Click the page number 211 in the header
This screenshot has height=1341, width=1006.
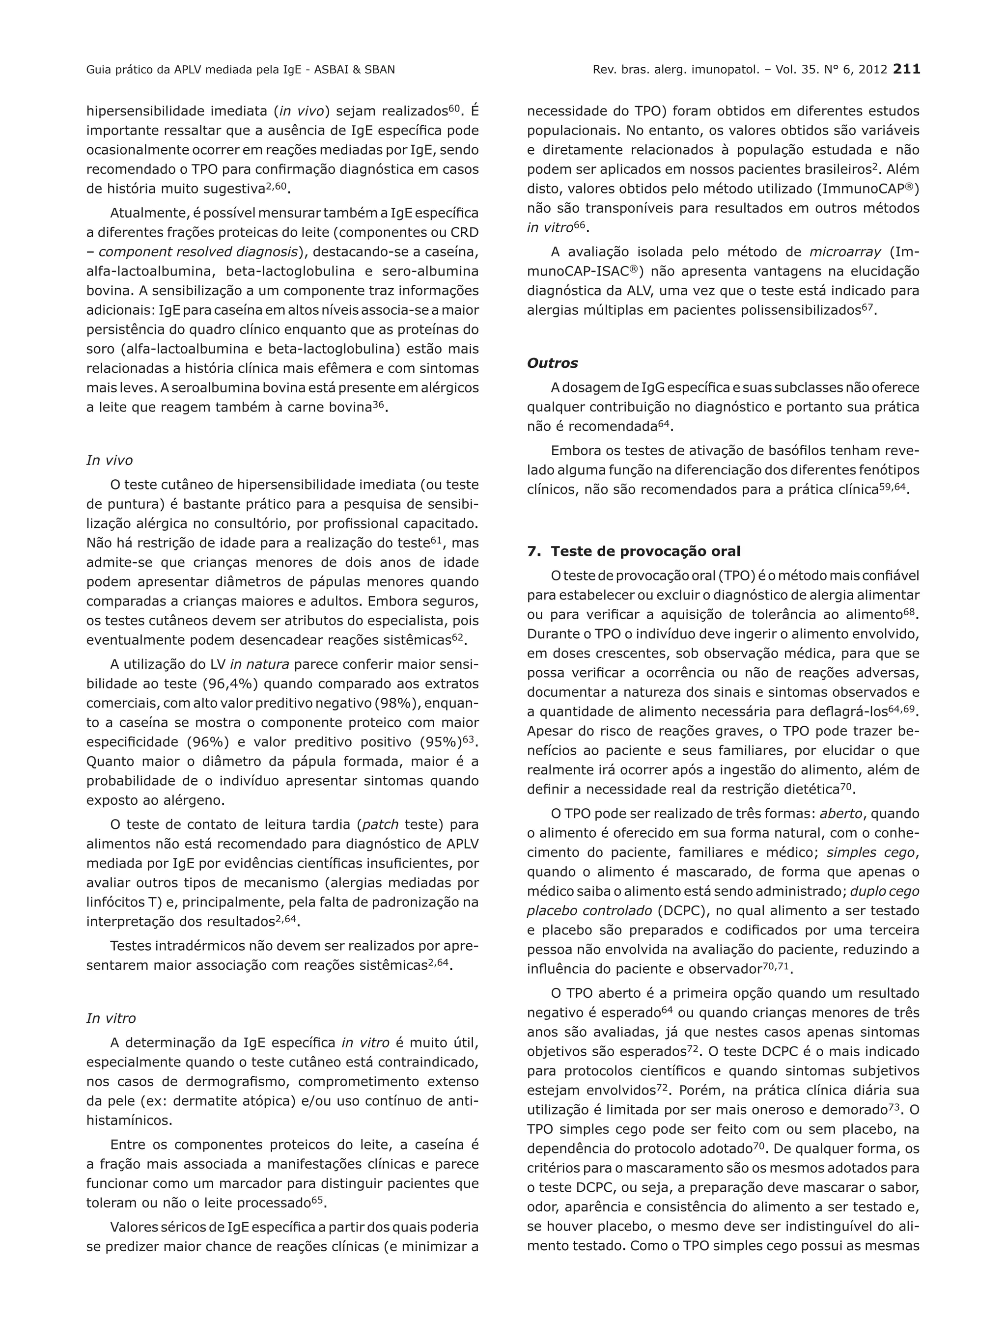907,69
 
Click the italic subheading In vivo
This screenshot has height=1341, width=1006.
109,460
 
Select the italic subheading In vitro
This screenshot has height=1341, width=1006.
111,1018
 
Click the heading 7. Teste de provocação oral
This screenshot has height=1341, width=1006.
634,551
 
